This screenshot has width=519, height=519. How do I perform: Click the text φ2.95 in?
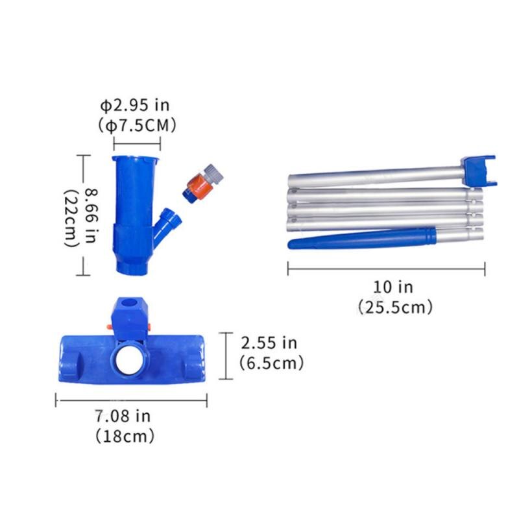point(136,105)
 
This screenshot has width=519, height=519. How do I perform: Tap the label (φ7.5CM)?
point(137,125)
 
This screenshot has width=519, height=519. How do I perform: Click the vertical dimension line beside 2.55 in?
point(224,355)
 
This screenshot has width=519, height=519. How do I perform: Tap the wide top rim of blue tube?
point(136,159)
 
